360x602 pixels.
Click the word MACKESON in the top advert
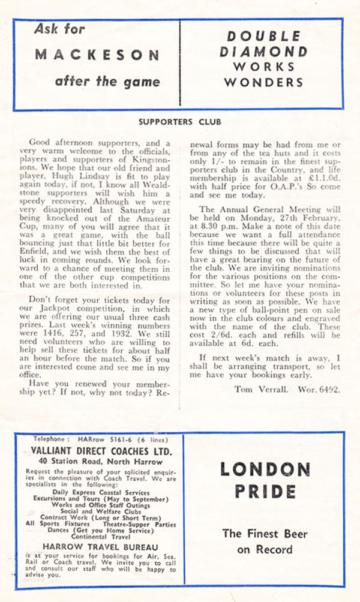(97, 55)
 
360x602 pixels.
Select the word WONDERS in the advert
(265, 81)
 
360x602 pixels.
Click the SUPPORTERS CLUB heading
(179, 122)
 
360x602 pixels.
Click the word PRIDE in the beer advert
(265, 492)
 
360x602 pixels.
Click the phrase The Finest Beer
(265, 533)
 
